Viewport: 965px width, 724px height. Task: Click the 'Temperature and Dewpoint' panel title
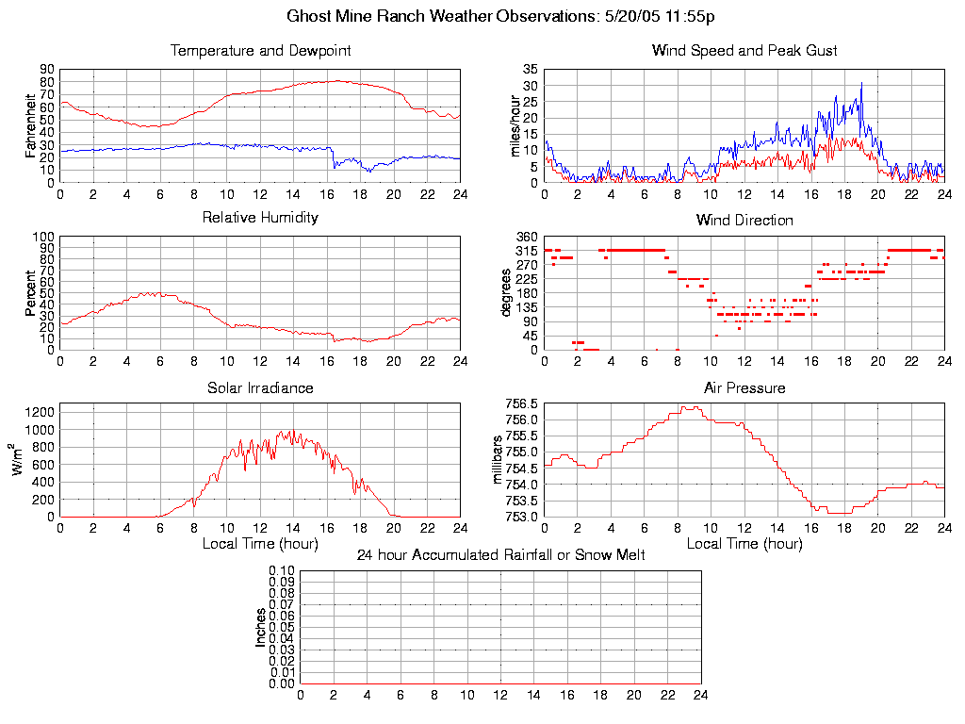pos(260,51)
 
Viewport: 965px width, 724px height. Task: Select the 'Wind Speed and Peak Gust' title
pos(744,51)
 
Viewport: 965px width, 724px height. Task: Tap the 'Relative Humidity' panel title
pos(260,218)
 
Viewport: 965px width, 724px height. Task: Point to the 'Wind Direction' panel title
pos(744,221)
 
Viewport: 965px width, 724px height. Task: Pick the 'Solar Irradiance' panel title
pos(260,387)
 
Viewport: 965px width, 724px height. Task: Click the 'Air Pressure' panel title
pos(744,387)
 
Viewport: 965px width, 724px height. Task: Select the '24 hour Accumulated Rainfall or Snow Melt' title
pos(500,555)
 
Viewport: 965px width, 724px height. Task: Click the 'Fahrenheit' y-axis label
pos(31,125)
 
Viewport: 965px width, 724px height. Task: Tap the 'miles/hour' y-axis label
pos(515,125)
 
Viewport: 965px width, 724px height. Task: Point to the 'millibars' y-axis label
pos(500,460)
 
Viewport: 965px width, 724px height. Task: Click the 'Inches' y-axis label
pos(261,627)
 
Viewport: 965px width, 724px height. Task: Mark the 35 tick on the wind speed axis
pos(530,69)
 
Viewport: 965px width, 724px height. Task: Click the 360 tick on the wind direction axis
pos(527,237)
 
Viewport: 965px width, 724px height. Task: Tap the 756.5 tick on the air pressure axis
pos(521,403)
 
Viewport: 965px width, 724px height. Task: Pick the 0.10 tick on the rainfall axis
pos(283,570)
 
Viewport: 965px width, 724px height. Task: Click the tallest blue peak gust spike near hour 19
pos(861,83)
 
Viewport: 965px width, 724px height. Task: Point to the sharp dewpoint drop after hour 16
pos(333,157)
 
